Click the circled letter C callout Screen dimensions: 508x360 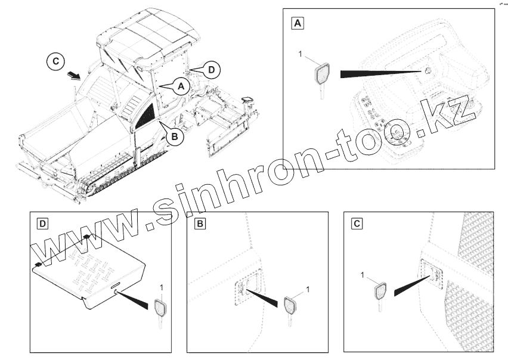click(x=55, y=61)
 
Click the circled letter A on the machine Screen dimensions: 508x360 click(x=181, y=86)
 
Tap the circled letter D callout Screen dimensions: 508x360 click(x=211, y=70)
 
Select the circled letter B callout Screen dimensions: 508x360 click(x=175, y=136)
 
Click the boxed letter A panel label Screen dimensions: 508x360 click(x=298, y=23)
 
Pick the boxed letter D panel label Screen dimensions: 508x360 click(x=43, y=224)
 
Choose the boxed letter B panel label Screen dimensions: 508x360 click(x=200, y=224)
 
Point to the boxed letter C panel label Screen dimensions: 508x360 click(x=357, y=224)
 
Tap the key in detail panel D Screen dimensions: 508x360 click(x=160, y=313)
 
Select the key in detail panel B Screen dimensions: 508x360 click(x=290, y=310)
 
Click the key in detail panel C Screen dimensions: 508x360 click(x=380, y=296)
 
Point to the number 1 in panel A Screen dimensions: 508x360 click(x=301, y=54)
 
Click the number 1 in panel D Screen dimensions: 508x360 click(x=162, y=287)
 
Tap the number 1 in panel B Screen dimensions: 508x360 click(x=308, y=289)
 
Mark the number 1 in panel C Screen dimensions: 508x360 click(x=363, y=275)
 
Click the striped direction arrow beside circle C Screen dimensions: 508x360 click(x=73, y=76)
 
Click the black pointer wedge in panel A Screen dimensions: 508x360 click(x=382, y=73)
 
